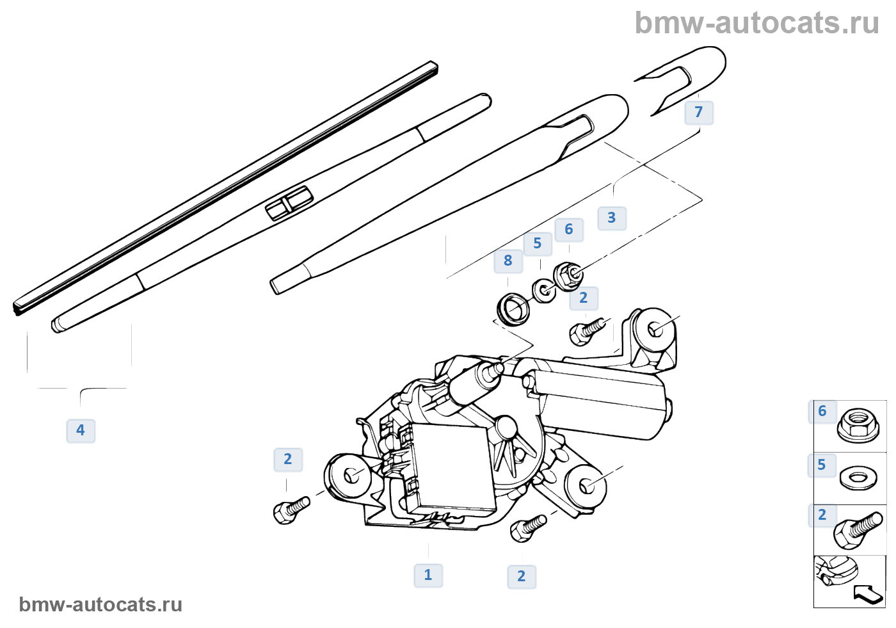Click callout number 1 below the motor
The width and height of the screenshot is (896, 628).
428,575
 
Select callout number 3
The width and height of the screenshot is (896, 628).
612,218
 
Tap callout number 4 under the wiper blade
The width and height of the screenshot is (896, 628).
81,430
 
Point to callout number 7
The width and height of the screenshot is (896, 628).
699,113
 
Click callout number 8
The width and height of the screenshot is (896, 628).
508,261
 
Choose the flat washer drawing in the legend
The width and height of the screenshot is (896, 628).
858,478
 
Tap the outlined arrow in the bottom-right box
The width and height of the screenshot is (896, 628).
868,594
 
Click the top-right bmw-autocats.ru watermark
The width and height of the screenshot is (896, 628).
756,23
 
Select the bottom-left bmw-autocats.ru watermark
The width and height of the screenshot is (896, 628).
100,604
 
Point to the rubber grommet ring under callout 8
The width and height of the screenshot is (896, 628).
513,308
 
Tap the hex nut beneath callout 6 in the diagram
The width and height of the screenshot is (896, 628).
568,276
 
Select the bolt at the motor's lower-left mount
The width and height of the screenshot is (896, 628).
291,510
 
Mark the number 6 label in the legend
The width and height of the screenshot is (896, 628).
822,411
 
